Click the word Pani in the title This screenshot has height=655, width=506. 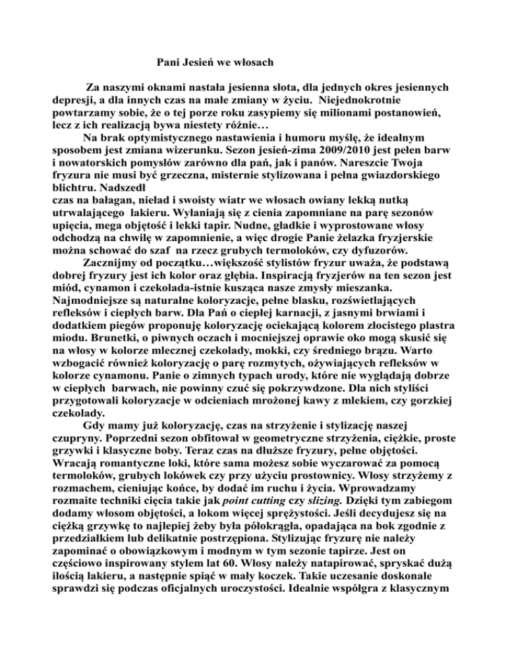click(x=170, y=63)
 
